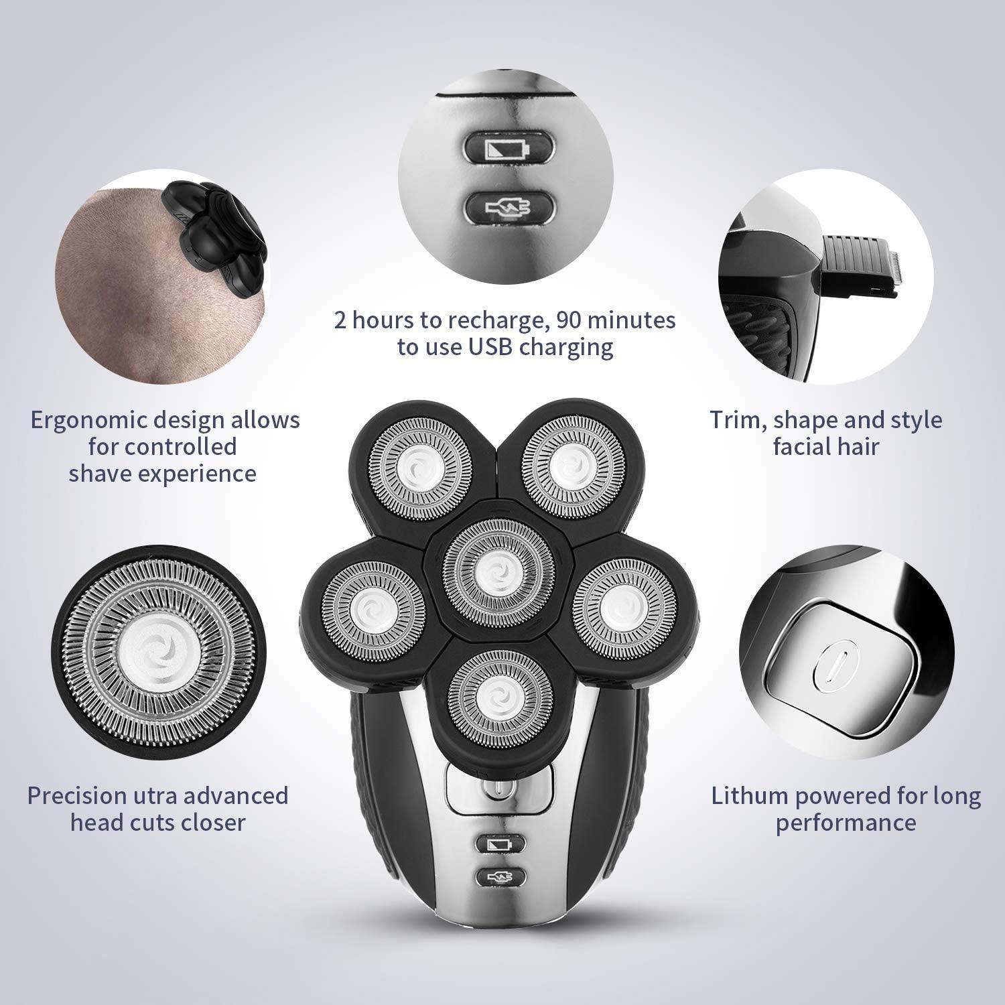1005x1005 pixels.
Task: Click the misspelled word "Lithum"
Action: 749,796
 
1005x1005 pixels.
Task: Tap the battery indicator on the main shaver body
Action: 499,844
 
